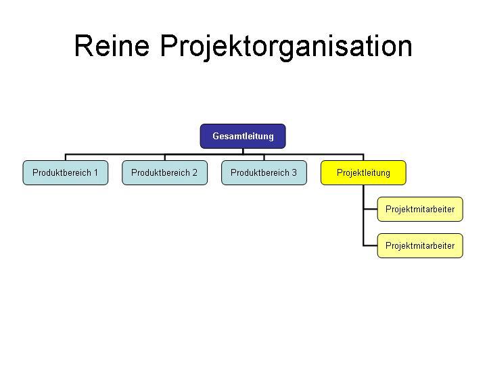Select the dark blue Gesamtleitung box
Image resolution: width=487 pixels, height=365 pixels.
[x=243, y=136]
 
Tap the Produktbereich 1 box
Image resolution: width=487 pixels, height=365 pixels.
[x=66, y=172]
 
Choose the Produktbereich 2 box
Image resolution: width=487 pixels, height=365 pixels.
[x=164, y=172]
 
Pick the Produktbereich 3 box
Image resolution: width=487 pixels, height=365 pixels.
[x=264, y=172]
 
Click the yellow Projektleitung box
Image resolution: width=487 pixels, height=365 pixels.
[x=363, y=172]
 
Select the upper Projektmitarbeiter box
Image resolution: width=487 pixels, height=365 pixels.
[x=420, y=209]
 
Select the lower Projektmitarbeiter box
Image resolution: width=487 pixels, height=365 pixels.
[x=420, y=245]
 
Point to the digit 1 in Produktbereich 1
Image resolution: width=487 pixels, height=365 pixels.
[x=95, y=172]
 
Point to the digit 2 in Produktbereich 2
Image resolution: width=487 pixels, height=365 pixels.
[x=195, y=172]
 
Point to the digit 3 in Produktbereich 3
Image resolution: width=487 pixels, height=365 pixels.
[x=294, y=172]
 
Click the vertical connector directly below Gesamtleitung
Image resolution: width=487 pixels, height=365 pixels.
[x=243, y=151]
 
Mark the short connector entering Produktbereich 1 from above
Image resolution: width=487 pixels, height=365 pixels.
[x=66, y=157]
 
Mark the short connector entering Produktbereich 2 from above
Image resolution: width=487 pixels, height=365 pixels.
[x=164, y=157]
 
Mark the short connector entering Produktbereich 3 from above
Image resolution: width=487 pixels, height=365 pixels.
[x=264, y=157]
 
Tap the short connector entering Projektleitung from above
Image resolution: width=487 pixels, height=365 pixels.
[x=363, y=157]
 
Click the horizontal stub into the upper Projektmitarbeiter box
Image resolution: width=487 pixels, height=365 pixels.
[x=370, y=209]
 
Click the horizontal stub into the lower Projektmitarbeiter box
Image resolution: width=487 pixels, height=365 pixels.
[x=370, y=245]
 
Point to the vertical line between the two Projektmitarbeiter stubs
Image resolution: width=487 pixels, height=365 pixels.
[x=363, y=227]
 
